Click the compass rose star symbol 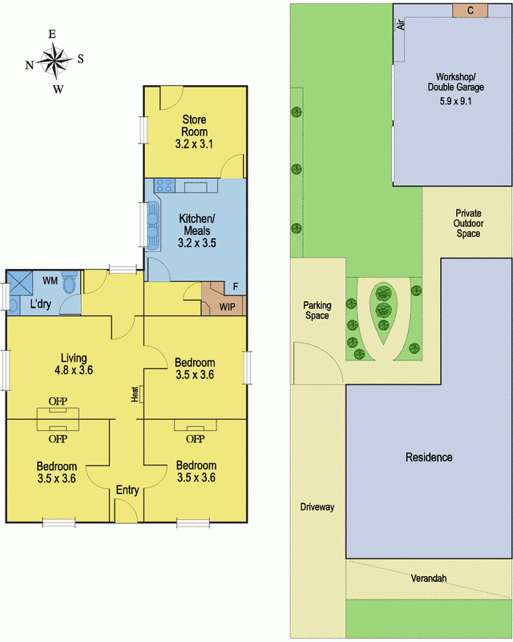(x=55, y=61)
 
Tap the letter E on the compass (x=52, y=35)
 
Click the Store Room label (x=194, y=126)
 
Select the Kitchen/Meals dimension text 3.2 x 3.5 (x=196, y=243)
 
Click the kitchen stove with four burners (x=165, y=185)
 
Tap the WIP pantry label (x=227, y=307)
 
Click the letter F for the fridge (x=235, y=286)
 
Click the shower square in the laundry (x=21, y=283)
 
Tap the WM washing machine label (x=50, y=281)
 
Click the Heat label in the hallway (x=135, y=394)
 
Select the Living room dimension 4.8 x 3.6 (x=74, y=370)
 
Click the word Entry (x=127, y=490)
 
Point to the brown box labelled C (x=470, y=10)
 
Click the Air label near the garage (x=401, y=25)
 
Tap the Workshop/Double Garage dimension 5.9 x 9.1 (x=456, y=101)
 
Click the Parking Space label (x=317, y=311)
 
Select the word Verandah (x=429, y=579)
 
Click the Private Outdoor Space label (x=468, y=223)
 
